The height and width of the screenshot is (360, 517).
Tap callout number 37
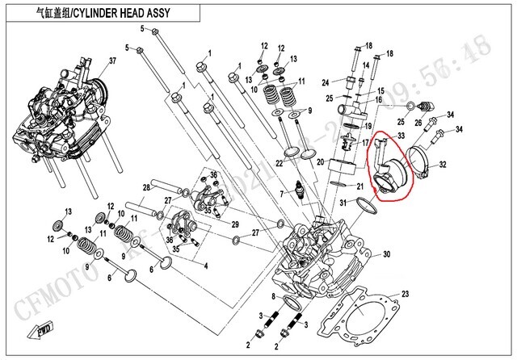(x=113, y=61)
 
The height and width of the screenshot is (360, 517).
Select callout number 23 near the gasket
(x=405, y=294)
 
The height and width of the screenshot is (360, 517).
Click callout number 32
(x=443, y=165)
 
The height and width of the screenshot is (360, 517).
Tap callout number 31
(x=343, y=202)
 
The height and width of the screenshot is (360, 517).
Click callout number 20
(x=320, y=162)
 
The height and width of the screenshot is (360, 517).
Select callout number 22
(x=279, y=163)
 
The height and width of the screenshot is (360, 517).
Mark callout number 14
(x=364, y=66)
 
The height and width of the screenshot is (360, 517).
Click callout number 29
(x=236, y=224)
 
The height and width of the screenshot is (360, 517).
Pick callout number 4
(x=206, y=266)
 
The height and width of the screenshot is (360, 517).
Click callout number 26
(x=418, y=122)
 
